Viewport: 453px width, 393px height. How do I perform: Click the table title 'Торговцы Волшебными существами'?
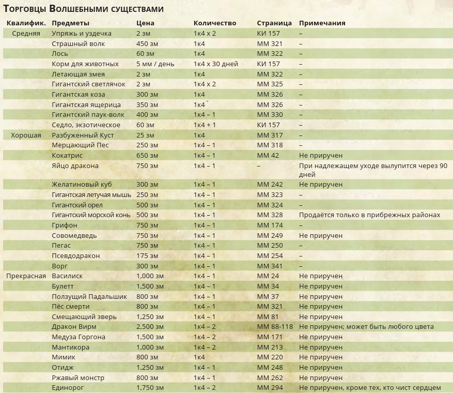[x=84, y=9]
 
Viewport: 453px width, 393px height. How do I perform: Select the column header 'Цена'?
[x=145, y=23]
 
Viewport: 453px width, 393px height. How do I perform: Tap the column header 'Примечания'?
[x=322, y=23]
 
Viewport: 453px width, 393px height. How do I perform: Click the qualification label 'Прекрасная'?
[x=26, y=276]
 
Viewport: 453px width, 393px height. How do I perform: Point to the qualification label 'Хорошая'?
[x=26, y=135]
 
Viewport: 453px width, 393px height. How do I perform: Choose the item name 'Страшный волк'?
[x=78, y=43]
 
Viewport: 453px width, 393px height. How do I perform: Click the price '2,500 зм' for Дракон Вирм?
[x=150, y=327]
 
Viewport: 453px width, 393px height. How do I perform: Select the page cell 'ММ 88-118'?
[x=275, y=327]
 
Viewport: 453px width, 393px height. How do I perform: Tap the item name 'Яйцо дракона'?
[x=75, y=166]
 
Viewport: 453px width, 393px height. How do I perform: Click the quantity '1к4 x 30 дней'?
[x=216, y=64]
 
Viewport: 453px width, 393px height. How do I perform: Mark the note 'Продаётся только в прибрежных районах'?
[x=369, y=215]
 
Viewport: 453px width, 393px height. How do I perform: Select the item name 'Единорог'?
[x=67, y=388]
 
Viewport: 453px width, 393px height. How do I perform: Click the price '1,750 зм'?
[x=150, y=388]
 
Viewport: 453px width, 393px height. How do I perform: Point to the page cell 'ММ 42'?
[x=268, y=155]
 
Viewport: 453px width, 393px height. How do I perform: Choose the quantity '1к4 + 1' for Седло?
[x=205, y=125]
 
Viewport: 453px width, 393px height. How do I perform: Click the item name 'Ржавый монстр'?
[x=78, y=377]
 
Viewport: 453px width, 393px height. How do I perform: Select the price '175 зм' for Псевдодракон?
[x=147, y=256]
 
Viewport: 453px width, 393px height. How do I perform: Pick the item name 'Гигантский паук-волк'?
[x=88, y=115]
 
